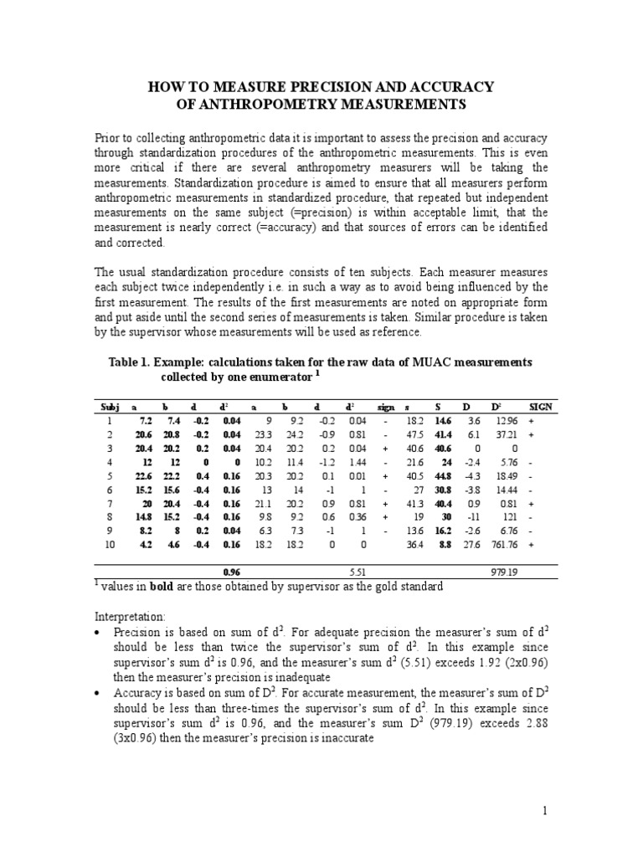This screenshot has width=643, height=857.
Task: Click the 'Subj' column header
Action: pos(111,406)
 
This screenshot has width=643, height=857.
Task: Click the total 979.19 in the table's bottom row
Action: pos(502,572)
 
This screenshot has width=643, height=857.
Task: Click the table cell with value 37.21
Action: pos(502,436)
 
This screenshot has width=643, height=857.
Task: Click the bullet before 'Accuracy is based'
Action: pos(100,694)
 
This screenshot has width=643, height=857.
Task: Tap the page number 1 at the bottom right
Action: pos(543,810)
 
